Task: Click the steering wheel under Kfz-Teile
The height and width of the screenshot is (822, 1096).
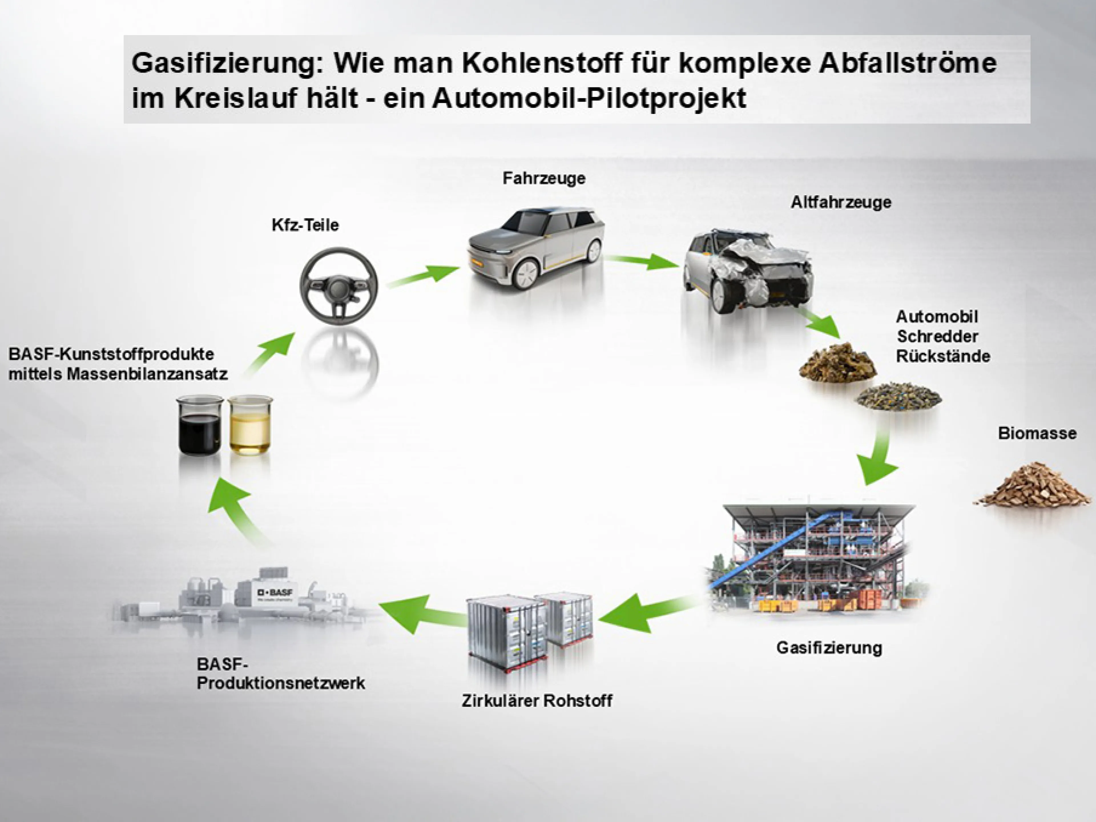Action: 339,286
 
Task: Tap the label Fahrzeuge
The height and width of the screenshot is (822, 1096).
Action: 543,178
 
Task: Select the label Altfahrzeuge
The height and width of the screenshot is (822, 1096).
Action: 841,202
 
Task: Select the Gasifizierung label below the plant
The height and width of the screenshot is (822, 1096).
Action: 829,648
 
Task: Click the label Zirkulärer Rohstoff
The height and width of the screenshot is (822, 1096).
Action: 537,701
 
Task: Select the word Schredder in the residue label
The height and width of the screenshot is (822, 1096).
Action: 937,337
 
